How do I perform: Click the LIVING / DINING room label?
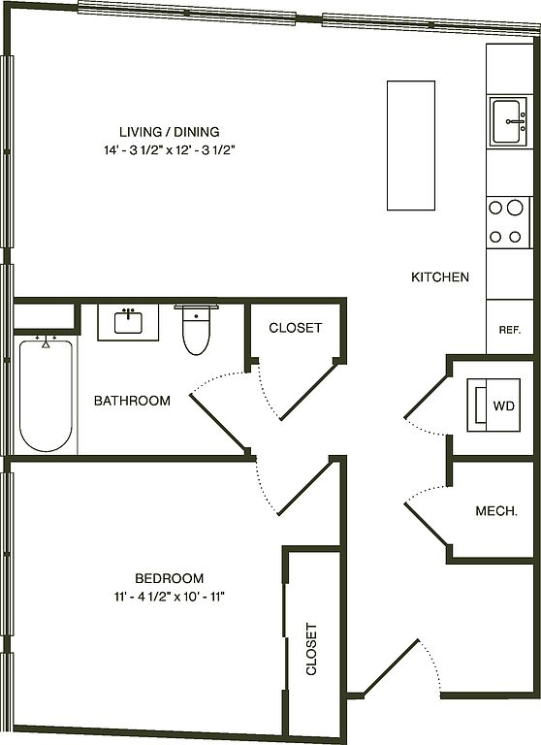click(169, 132)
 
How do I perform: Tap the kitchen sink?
click(509, 121)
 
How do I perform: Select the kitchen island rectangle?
click(411, 146)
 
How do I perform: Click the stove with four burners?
click(507, 222)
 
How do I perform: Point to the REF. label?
click(510, 330)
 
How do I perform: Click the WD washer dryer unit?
click(493, 405)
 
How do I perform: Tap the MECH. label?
click(496, 511)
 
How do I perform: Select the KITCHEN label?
click(440, 277)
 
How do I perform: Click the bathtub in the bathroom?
click(46, 394)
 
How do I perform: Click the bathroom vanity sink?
click(128, 322)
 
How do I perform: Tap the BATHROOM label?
click(132, 401)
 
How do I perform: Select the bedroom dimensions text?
click(169, 597)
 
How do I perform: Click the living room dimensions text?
click(170, 150)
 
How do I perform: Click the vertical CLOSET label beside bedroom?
click(311, 649)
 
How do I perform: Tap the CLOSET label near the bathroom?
click(296, 328)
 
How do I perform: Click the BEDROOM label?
click(169, 578)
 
